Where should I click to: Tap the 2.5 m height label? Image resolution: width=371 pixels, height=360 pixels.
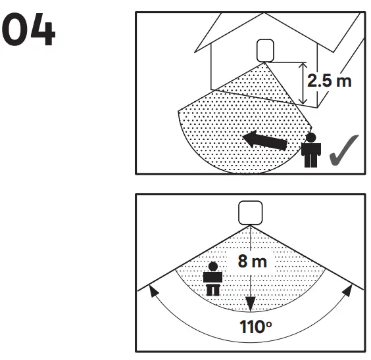[330, 81]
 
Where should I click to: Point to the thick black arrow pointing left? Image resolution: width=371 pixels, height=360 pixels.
[263, 140]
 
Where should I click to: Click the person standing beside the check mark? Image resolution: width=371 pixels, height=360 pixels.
[310, 151]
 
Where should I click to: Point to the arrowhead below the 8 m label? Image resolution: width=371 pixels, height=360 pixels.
[249, 304]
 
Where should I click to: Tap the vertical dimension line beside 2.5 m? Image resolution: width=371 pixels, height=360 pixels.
[301, 83]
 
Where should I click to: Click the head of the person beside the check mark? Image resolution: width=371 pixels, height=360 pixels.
[310, 138]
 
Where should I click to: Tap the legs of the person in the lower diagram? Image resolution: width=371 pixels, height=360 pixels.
[212, 290]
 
